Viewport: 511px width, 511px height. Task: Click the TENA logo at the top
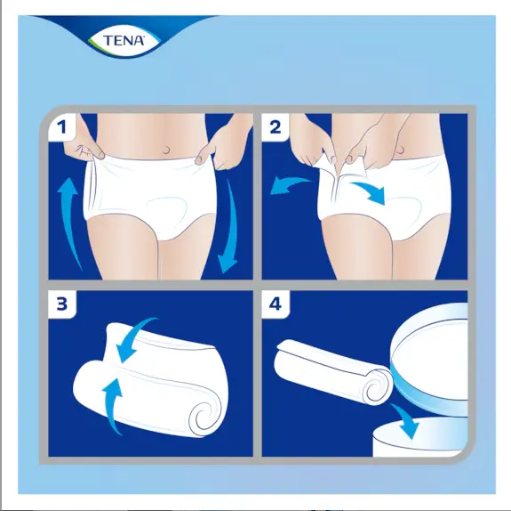click(126, 38)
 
